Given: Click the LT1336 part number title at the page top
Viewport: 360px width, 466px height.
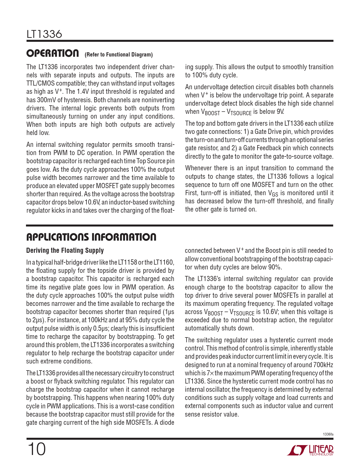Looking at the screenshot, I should tap(44, 34).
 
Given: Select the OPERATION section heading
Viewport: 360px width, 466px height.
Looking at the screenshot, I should tap(53, 53).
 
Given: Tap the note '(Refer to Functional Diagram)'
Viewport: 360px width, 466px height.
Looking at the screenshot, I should tap(119, 55).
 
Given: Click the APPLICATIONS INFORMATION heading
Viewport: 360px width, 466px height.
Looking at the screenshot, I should tap(91, 237).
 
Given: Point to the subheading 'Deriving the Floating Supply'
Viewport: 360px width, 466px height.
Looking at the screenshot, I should tap(65, 251).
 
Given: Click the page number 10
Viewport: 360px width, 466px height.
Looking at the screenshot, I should tap(36, 449).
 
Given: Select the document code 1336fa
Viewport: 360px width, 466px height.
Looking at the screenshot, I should tap(328, 434).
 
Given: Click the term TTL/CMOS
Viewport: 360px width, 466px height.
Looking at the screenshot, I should tap(40, 84).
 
